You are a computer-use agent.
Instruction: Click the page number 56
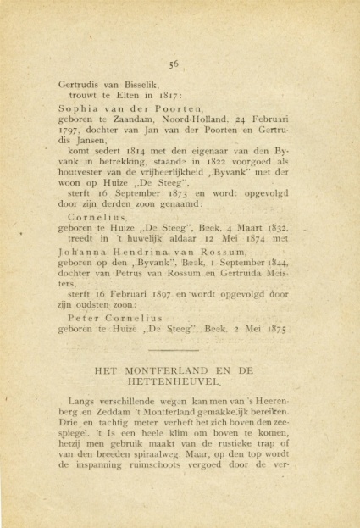coord(173,64)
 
